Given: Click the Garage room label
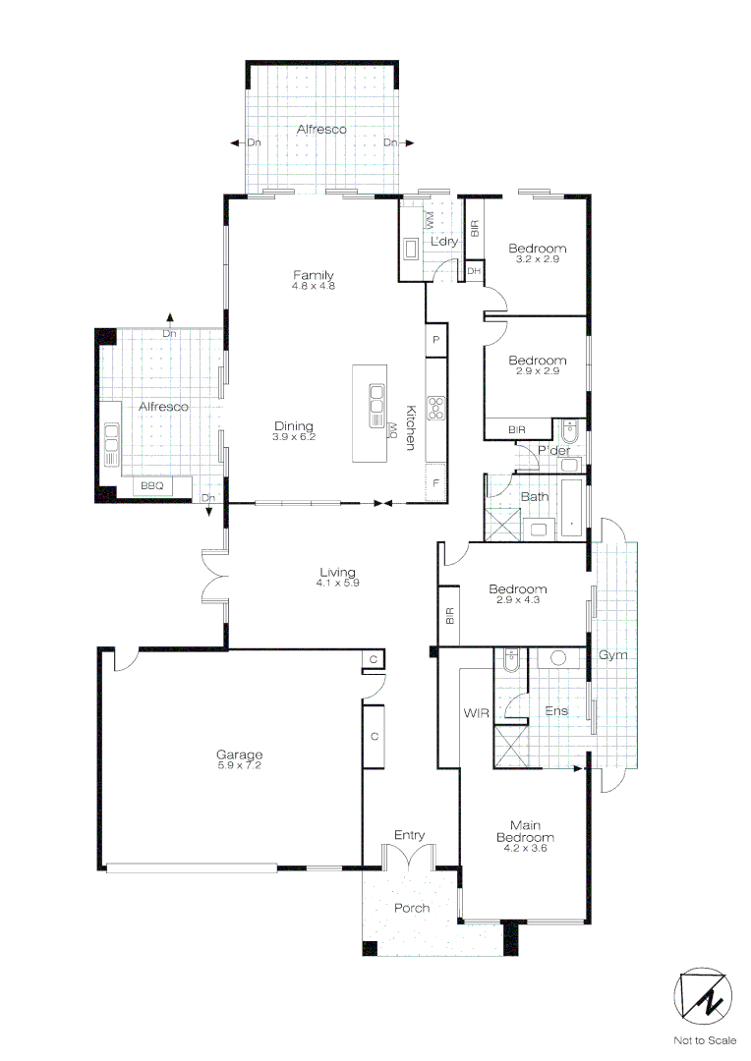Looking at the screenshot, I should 239,754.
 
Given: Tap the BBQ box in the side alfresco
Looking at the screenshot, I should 151,485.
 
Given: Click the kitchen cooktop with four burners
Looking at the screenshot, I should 436,407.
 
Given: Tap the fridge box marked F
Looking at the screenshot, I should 436,483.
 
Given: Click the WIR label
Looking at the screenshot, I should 476,712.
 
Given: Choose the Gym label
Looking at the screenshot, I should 613,655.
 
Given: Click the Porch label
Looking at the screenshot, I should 412,908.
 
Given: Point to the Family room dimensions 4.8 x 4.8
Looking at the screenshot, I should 314,286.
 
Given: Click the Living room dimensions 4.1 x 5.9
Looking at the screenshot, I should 337,583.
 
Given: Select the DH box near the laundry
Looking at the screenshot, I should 474,271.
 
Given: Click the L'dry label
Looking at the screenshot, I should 444,242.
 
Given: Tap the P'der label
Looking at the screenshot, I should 553,451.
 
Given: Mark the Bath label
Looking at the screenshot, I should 535,496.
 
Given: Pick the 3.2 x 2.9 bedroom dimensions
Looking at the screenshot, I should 537,259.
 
